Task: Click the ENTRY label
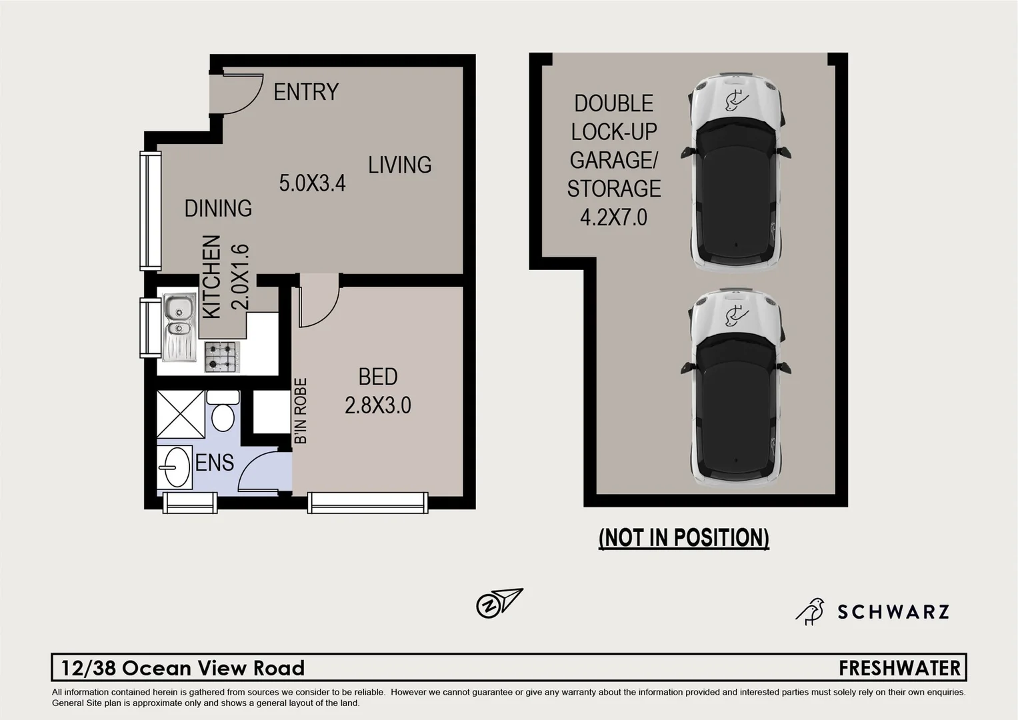[306, 92]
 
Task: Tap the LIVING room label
[399, 165]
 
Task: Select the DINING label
[218, 209]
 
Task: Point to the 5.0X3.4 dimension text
[312, 183]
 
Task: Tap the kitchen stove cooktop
[221, 357]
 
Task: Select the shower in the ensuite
[181, 414]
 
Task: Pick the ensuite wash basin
[175, 467]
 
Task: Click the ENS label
[214, 463]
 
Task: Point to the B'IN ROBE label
[301, 411]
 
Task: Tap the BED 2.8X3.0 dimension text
[377, 405]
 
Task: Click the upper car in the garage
[735, 172]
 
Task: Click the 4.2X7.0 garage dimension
[613, 218]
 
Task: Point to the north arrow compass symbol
[499, 603]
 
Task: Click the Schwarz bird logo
[809, 611]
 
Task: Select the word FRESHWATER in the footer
[899, 668]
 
